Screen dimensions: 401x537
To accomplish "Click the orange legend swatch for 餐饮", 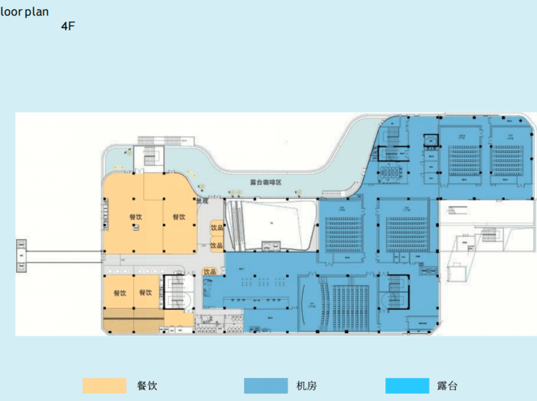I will [104, 385].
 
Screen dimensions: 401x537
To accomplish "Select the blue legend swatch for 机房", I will [266, 385].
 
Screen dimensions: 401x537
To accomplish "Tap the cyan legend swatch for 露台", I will [406, 385].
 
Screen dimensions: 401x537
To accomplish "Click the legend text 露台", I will [447, 386].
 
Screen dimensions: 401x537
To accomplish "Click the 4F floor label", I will [68, 26].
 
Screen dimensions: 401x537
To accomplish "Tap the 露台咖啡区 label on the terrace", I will [266, 183].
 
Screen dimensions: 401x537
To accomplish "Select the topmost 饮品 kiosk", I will [216, 228].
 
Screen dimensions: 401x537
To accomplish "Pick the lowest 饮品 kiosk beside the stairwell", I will [210, 272].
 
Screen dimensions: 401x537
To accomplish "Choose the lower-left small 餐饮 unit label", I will [119, 293].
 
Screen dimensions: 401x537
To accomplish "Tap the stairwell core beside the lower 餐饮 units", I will [175, 293].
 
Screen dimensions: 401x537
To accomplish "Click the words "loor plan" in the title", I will [24, 11].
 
